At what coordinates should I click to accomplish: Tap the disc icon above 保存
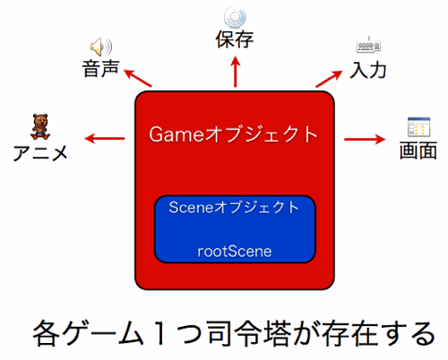click(236, 16)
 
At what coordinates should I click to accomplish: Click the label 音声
click(99, 68)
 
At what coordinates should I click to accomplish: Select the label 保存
click(235, 39)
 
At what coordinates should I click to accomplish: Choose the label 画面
click(418, 149)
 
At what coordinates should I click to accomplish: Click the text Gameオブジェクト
click(234, 135)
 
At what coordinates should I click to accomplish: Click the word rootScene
click(234, 252)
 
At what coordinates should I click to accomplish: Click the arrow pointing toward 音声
click(138, 78)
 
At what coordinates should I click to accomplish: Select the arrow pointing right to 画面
click(366, 139)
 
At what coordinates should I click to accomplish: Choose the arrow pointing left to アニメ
click(106, 139)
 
